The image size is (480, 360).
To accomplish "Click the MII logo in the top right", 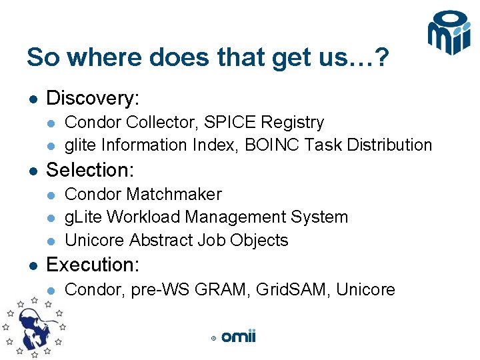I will tap(449, 33).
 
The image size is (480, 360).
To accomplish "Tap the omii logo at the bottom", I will tap(238, 337).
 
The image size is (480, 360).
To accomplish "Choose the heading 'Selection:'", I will tap(90, 169).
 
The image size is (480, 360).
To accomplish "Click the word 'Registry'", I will tap(293, 123).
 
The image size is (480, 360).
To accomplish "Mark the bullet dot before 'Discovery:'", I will tap(31, 99).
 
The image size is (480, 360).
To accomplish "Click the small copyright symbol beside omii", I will tap(213, 339).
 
